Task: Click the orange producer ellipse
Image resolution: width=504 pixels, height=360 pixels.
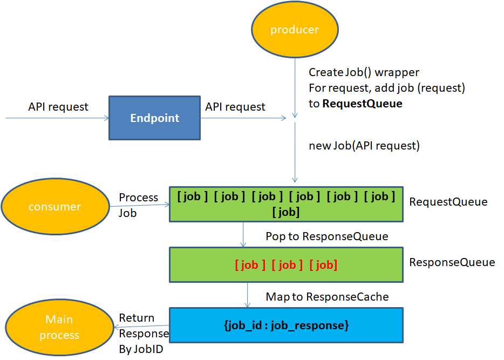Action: click(x=295, y=29)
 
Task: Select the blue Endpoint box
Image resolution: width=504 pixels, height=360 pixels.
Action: click(x=154, y=118)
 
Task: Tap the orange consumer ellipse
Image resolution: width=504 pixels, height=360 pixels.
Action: click(x=55, y=206)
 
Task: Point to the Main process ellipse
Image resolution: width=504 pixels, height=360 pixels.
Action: click(x=59, y=328)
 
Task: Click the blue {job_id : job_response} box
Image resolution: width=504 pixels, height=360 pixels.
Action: click(x=286, y=325)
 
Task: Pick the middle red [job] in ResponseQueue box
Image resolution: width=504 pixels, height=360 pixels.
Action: click(x=287, y=264)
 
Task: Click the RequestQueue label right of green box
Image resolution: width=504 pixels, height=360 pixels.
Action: click(x=448, y=202)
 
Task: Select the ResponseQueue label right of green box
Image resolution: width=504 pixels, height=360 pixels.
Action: click(x=452, y=262)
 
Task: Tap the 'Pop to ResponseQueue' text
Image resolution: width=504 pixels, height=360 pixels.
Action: click(x=326, y=236)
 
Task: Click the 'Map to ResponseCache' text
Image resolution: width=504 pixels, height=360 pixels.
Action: click(x=327, y=297)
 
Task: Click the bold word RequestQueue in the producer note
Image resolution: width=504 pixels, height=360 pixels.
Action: click(x=362, y=104)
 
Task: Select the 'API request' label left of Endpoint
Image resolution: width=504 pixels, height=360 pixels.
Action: click(x=58, y=107)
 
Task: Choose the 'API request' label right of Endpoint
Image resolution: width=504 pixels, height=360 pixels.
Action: click(x=235, y=107)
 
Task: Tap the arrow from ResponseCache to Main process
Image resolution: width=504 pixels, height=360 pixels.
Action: click(x=141, y=326)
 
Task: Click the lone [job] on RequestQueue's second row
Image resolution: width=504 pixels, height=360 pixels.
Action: click(x=286, y=212)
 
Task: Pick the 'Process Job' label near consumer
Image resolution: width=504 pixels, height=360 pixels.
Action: click(x=138, y=205)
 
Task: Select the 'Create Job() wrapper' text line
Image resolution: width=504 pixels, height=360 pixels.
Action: click(x=364, y=72)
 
